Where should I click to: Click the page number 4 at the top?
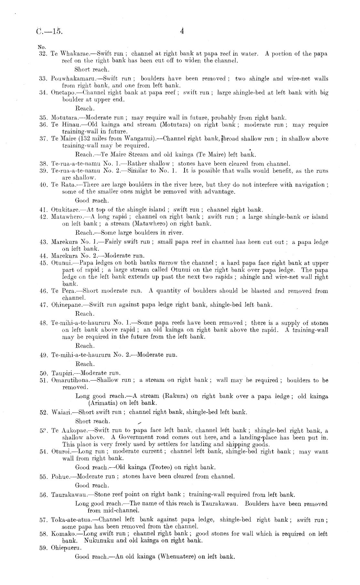tap(182, 31)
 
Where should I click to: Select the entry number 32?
tap(43, 54)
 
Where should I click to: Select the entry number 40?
tap(43, 185)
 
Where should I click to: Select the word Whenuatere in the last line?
tap(176, 557)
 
